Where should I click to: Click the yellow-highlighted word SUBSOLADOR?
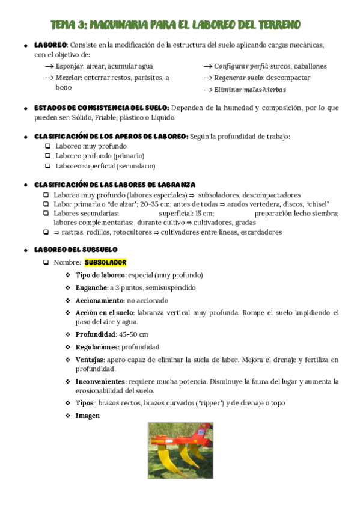click(x=105, y=262)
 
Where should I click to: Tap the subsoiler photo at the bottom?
click(x=180, y=450)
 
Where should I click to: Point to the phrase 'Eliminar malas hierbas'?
click(x=250, y=90)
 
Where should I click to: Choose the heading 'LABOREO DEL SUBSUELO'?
click(x=76, y=249)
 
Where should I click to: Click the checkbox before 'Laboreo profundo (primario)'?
click(x=47, y=156)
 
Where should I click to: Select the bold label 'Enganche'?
click(x=91, y=287)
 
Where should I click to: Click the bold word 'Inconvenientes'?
click(x=100, y=381)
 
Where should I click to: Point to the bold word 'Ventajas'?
click(x=90, y=360)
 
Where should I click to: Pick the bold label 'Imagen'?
click(x=87, y=415)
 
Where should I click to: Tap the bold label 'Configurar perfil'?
click(x=240, y=66)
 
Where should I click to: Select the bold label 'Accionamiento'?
click(x=99, y=300)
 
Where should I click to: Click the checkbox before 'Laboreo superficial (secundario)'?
click(x=47, y=165)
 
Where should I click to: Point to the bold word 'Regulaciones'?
click(x=96, y=347)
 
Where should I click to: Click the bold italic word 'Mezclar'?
click(x=68, y=78)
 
